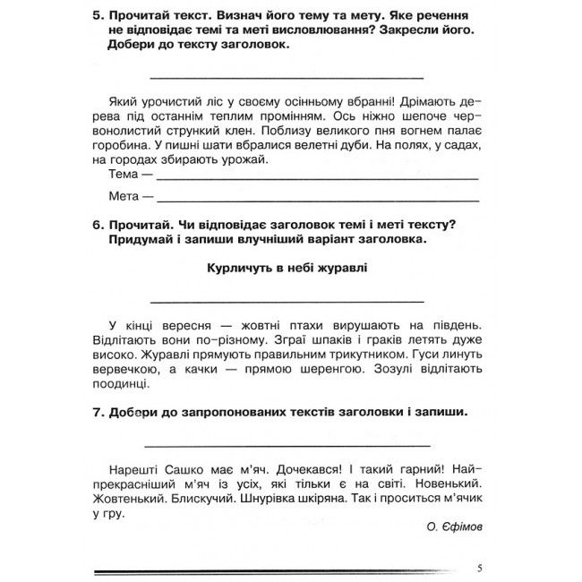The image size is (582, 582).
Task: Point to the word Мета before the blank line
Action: [124, 196]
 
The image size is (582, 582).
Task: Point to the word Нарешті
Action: [131, 468]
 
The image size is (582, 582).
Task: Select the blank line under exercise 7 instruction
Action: [287, 444]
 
